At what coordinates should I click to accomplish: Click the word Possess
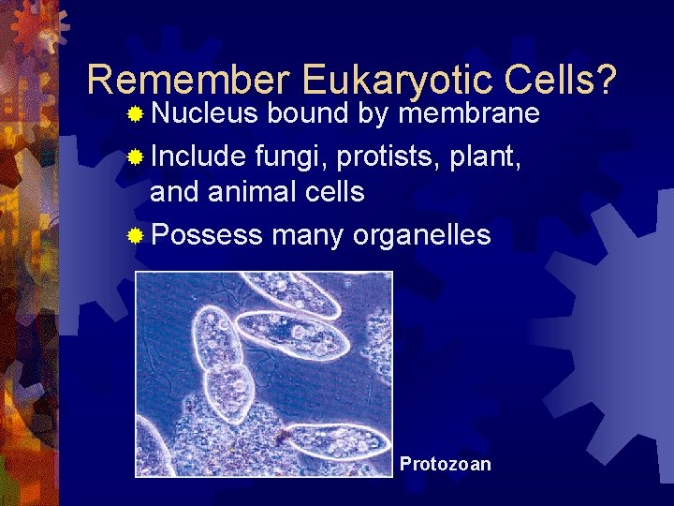(206, 234)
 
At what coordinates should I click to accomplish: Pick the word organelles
(421, 234)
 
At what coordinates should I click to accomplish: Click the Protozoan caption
(445, 464)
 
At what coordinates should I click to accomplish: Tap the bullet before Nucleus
(136, 115)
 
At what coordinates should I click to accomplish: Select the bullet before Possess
(136, 235)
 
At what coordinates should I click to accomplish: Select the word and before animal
(175, 192)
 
